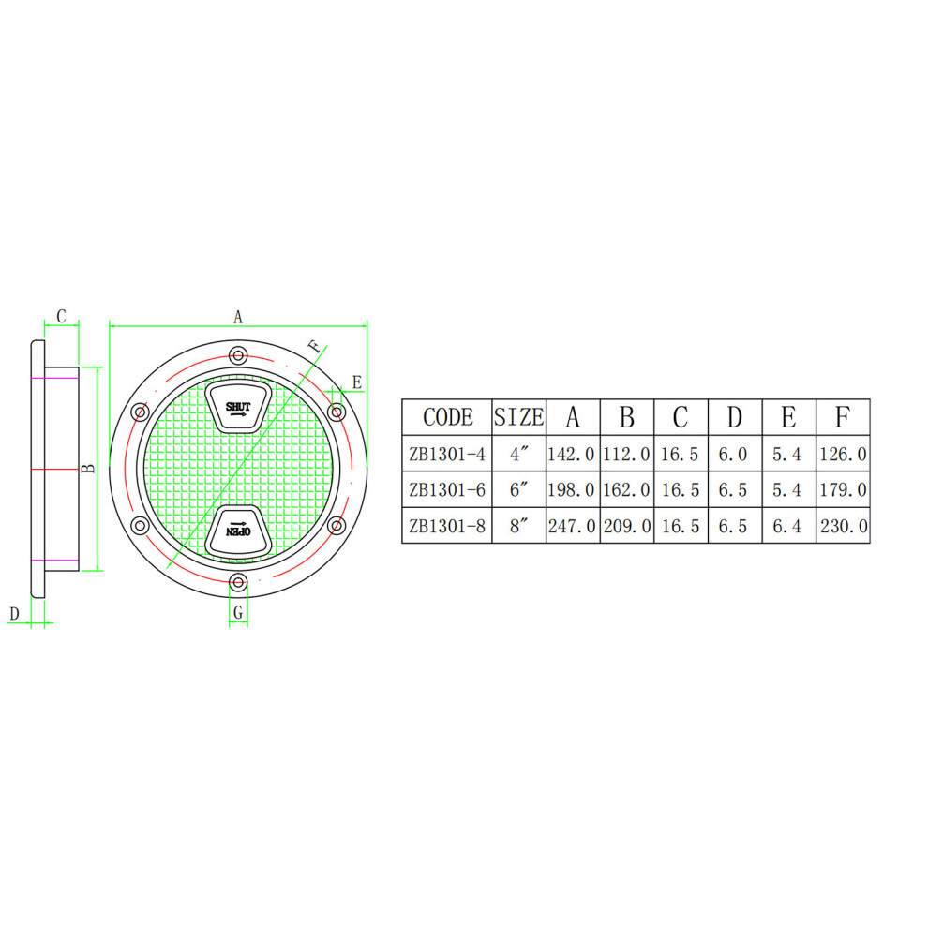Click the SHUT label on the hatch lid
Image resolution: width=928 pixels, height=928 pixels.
(238, 407)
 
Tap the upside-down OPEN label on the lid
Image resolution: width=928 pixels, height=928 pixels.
(238, 531)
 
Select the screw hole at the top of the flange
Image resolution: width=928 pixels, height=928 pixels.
(238, 355)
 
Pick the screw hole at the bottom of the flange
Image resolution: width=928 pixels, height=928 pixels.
(238, 582)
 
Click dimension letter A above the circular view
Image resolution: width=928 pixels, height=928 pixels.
(238, 317)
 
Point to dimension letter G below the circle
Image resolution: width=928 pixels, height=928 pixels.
(238, 612)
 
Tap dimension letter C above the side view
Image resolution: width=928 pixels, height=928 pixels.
(61, 317)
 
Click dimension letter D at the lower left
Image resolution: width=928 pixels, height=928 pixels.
(14, 614)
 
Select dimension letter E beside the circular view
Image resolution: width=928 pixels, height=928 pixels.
(357, 382)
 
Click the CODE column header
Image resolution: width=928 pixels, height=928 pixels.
(448, 417)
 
